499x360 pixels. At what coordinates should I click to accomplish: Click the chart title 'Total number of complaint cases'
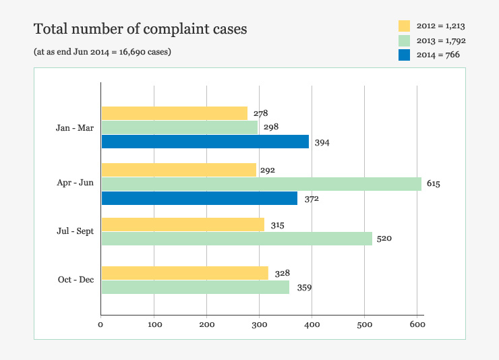click(x=140, y=29)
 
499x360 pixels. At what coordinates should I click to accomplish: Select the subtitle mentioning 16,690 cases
click(x=102, y=52)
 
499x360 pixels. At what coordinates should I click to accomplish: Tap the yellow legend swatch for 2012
click(x=405, y=26)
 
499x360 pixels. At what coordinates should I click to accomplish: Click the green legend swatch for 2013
click(x=405, y=40)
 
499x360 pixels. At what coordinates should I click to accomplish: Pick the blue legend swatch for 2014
click(x=405, y=55)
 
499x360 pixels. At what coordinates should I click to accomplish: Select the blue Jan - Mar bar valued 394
click(x=205, y=142)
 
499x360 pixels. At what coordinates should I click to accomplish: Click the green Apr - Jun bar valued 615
click(x=261, y=184)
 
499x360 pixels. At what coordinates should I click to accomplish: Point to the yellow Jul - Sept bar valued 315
click(x=182, y=224)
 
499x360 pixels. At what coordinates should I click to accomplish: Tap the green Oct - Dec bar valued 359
click(x=195, y=287)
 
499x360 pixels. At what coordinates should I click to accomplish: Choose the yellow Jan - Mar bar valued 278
click(x=174, y=113)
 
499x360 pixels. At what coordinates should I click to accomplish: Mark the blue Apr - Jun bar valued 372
click(x=199, y=198)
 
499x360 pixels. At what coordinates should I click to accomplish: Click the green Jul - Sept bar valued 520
click(x=236, y=239)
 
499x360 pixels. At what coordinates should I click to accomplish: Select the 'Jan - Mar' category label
click(x=74, y=127)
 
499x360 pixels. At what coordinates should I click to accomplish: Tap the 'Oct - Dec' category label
click(x=76, y=279)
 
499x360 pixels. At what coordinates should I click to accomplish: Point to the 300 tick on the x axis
click(x=260, y=325)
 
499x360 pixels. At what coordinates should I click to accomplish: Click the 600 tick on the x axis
click(x=417, y=325)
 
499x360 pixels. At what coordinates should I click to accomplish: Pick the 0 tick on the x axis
click(x=100, y=325)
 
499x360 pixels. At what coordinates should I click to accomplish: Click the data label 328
click(x=283, y=273)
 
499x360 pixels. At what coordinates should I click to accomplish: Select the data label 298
click(x=272, y=127)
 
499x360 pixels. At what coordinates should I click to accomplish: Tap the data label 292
click(x=268, y=170)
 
